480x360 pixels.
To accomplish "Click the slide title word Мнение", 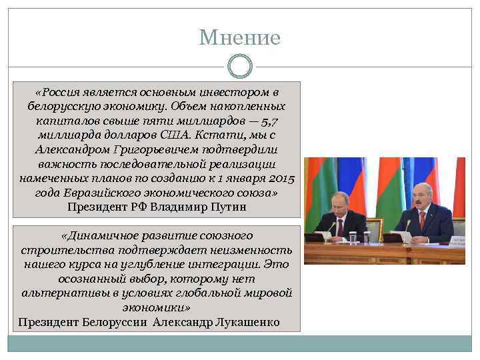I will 240,37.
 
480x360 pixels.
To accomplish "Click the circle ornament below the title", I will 240,66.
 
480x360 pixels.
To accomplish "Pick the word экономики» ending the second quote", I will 157,309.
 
